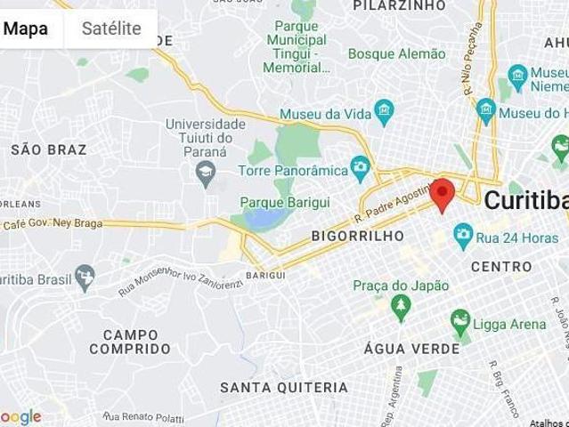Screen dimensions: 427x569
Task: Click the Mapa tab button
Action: [x=27, y=28]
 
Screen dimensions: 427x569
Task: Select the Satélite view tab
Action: [x=111, y=28]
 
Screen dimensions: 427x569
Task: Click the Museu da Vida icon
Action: [x=385, y=112]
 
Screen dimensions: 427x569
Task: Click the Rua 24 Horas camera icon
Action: [x=462, y=236]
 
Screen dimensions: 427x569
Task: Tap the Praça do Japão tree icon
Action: [x=401, y=305]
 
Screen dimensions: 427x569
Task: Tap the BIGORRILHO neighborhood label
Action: [x=357, y=237]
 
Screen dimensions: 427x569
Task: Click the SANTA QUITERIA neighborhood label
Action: [x=284, y=388]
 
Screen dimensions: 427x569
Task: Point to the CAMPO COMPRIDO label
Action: [x=130, y=342]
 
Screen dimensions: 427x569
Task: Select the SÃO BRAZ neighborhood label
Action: [x=49, y=149]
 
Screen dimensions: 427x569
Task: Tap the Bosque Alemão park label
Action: [x=396, y=54]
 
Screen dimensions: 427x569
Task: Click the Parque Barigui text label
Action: [x=272, y=203]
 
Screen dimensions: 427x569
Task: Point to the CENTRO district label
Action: [x=500, y=266]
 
